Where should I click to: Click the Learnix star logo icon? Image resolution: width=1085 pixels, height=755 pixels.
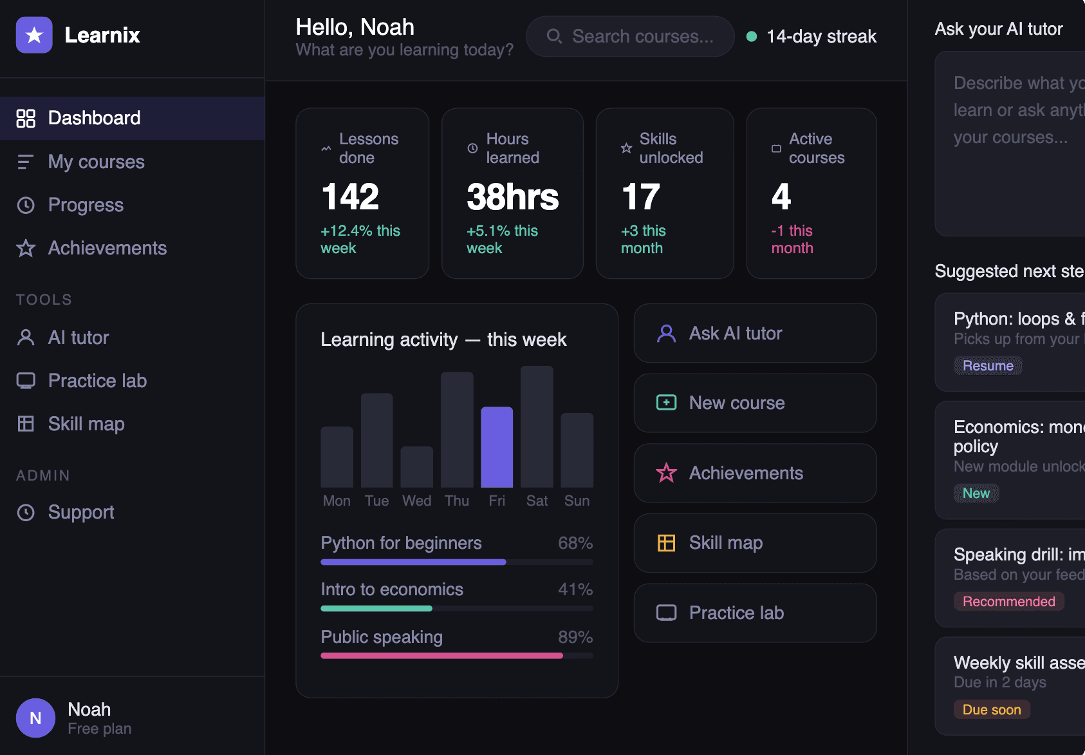34,35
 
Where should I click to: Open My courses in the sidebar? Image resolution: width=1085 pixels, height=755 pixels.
96,162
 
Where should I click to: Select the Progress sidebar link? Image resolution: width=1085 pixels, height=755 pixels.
86,205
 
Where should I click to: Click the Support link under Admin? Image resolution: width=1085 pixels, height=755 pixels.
80,512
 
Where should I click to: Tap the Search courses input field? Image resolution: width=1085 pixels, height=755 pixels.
642,37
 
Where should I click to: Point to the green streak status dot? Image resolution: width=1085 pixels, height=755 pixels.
751,37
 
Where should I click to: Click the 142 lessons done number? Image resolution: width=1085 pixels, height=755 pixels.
350,196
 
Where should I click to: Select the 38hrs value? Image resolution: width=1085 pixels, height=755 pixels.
512,196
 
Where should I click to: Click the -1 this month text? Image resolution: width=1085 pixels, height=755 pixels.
792,239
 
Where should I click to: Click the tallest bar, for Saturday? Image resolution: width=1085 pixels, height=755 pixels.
537,426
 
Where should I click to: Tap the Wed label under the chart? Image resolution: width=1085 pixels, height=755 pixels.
416,501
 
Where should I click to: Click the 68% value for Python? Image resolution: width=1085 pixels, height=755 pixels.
575,543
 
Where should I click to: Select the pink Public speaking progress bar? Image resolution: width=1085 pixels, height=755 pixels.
441,656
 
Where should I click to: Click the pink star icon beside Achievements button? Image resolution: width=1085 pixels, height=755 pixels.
666,473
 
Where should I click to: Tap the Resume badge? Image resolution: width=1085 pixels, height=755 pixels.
987,366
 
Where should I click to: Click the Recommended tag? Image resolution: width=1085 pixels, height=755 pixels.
1008,602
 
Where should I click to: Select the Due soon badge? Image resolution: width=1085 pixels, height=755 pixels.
991,710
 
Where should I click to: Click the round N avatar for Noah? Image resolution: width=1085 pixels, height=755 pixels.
35,718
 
